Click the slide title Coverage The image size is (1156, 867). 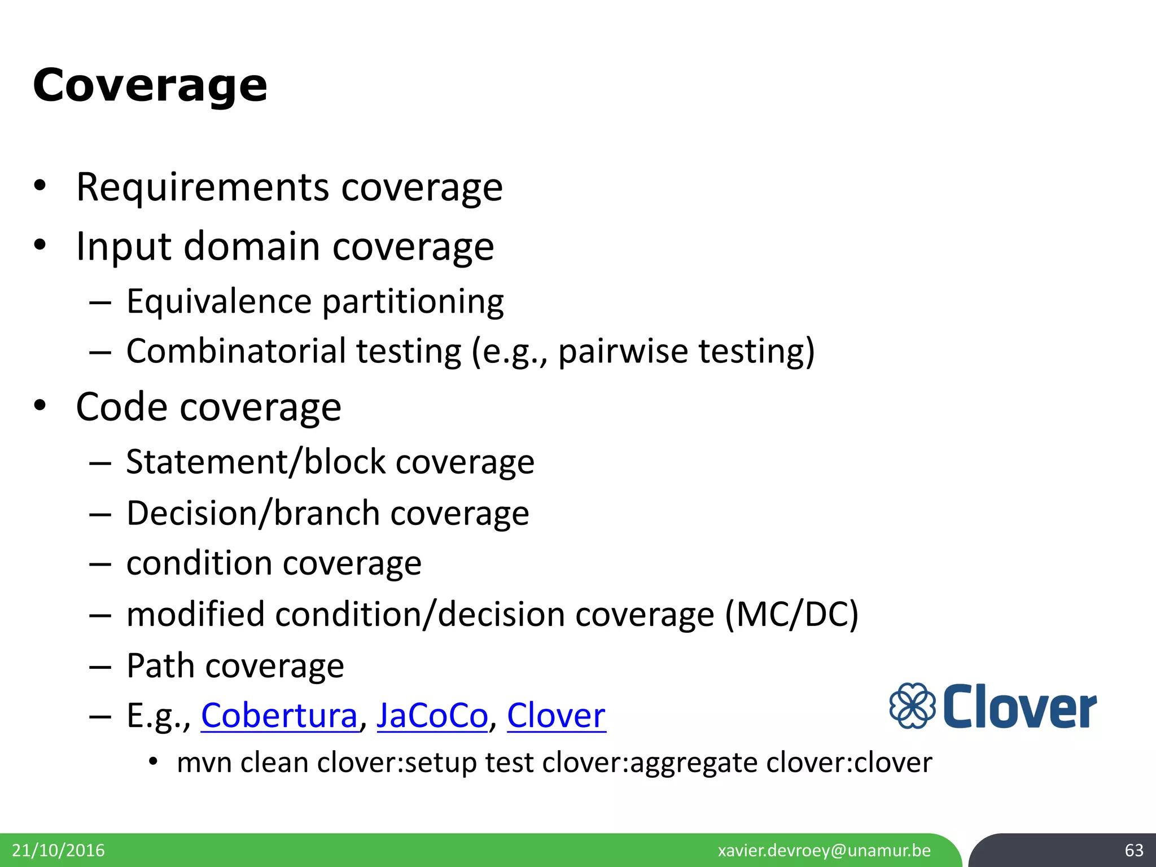tap(150, 85)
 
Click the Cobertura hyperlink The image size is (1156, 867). tap(279, 716)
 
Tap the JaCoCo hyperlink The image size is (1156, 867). tap(432, 716)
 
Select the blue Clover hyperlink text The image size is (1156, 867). tap(556, 716)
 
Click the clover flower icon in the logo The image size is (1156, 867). tap(912, 706)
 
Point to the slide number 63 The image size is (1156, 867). tap(1133, 850)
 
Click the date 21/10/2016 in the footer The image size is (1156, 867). tap(58, 850)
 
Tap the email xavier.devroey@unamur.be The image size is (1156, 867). tap(824, 850)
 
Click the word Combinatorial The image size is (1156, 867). tap(236, 351)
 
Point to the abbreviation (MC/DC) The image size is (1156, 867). tap(791, 614)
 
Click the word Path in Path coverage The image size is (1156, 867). tap(161, 665)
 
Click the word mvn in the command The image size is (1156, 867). tap(204, 763)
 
